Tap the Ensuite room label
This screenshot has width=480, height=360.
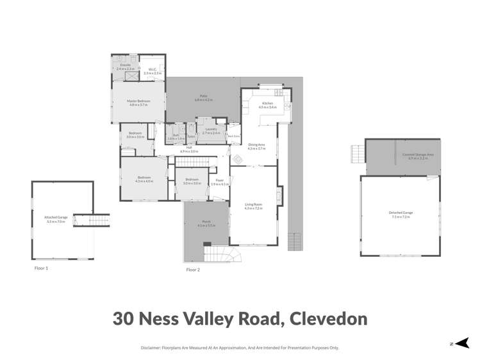[126, 66]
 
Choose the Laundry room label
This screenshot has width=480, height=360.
[211, 131]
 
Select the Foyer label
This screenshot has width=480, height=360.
[220, 182]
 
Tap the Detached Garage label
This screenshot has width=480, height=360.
[401, 213]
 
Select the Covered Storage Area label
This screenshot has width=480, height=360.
[418, 155]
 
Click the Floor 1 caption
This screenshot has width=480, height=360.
[41, 268]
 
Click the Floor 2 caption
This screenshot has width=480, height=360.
[193, 270]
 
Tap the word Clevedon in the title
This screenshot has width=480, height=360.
[328, 318]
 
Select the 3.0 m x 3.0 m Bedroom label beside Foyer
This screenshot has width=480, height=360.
[192, 181]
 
